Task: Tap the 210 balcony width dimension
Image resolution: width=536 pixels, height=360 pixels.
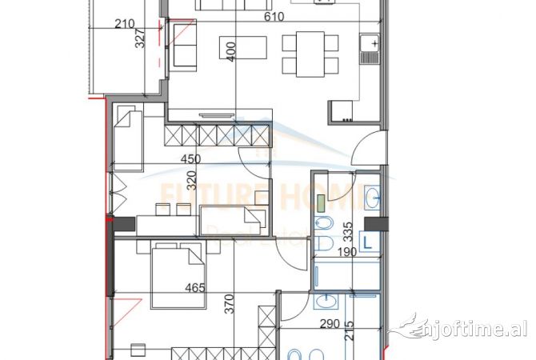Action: (124, 24)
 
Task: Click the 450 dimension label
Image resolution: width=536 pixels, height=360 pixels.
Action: (190, 158)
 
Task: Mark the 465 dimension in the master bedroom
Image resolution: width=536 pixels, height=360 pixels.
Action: (195, 288)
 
